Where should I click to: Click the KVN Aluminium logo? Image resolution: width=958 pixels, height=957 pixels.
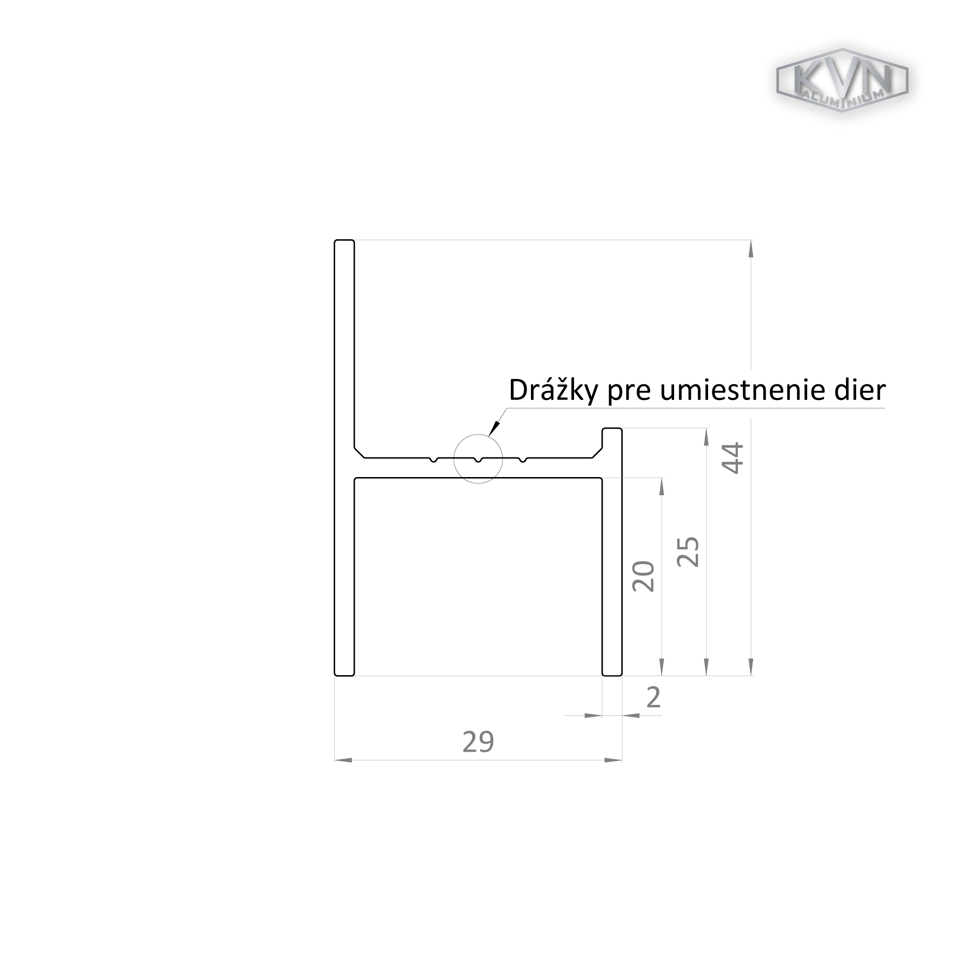coord(842,80)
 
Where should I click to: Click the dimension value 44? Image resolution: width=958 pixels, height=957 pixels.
coord(733,458)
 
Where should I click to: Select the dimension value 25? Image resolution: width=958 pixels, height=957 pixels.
coord(688,552)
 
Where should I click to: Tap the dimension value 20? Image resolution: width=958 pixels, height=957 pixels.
coord(643,577)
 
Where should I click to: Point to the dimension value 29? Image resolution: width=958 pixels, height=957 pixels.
coord(478,742)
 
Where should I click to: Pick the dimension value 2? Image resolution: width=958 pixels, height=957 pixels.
coord(654,697)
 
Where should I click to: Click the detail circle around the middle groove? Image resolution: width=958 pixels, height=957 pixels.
coord(478,434)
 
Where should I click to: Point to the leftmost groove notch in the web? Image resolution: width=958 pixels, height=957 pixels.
coord(434,460)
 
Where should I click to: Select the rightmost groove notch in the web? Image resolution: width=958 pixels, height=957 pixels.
coord(522,460)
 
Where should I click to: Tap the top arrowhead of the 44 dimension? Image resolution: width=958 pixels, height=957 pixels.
coord(751,248)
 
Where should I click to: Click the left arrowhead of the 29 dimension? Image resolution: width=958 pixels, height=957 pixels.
coord(343,760)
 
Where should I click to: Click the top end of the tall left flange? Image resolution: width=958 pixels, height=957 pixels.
coord(344,240)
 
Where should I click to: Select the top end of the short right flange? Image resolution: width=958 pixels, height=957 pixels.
coord(612,429)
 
